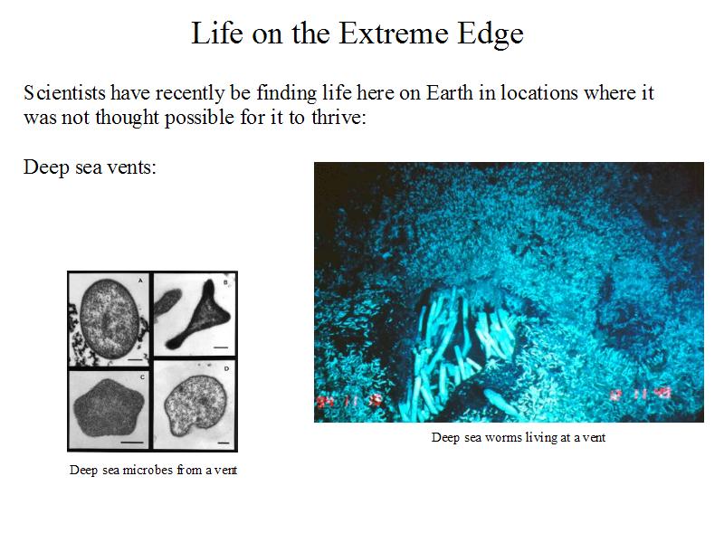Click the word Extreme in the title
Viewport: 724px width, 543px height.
394,33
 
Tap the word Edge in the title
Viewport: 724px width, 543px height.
491,34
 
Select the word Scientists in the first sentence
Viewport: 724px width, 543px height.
64,92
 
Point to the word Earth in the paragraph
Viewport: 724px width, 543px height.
449,92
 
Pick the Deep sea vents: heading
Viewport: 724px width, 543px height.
90,167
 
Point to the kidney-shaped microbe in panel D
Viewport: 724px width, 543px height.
195,405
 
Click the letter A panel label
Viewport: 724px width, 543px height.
140,281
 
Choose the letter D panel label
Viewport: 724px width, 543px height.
226,368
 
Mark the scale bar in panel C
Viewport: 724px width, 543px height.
131,443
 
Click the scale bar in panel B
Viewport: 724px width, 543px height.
221,348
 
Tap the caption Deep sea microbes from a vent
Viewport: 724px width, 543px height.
153,470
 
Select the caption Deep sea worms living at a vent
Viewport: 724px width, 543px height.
518,437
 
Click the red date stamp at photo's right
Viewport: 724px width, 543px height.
641,394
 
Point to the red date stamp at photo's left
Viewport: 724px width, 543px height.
349,400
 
